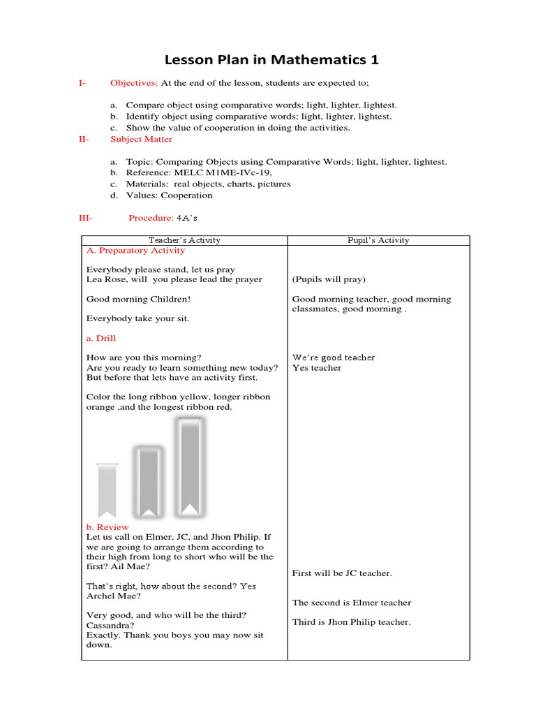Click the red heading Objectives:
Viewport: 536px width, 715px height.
pyautogui.click(x=134, y=83)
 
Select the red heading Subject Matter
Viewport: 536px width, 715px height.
pyautogui.click(x=141, y=139)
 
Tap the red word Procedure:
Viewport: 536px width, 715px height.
pyautogui.click(x=150, y=218)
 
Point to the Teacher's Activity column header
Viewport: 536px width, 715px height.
pyautogui.click(x=185, y=240)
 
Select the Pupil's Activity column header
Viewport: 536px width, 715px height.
pyautogui.click(x=378, y=240)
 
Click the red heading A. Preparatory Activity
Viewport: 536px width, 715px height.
pyautogui.click(x=135, y=250)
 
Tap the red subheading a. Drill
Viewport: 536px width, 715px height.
pyautogui.click(x=101, y=338)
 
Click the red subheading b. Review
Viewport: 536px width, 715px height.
pyautogui.click(x=105, y=527)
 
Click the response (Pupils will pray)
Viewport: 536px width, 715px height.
pyautogui.click(x=328, y=279)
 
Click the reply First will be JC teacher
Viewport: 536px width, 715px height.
pyautogui.click(x=342, y=573)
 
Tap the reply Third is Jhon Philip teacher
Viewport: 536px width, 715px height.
pyautogui.click(x=351, y=622)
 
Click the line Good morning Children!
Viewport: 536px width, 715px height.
pyautogui.click(x=138, y=299)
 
